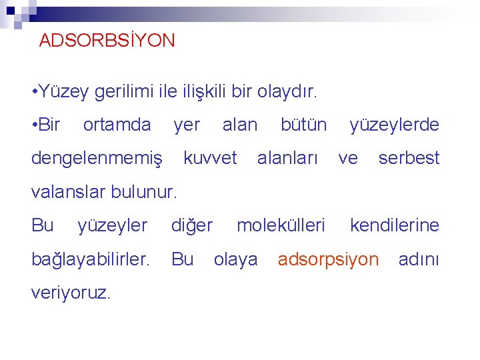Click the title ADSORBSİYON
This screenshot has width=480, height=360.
(x=107, y=41)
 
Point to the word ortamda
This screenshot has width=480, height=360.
(x=117, y=125)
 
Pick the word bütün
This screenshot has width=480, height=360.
(x=303, y=125)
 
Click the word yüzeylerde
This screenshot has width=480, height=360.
(x=395, y=125)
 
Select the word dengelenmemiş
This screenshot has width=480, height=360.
(x=97, y=159)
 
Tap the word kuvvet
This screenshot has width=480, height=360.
(x=210, y=158)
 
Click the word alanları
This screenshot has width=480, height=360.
(x=287, y=158)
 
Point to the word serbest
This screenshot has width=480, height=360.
(x=409, y=158)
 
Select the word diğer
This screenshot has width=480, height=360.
(x=192, y=226)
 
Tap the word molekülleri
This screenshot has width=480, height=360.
(x=281, y=225)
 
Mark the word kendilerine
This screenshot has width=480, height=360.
(x=395, y=225)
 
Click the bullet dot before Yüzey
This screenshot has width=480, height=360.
(x=34, y=92)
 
